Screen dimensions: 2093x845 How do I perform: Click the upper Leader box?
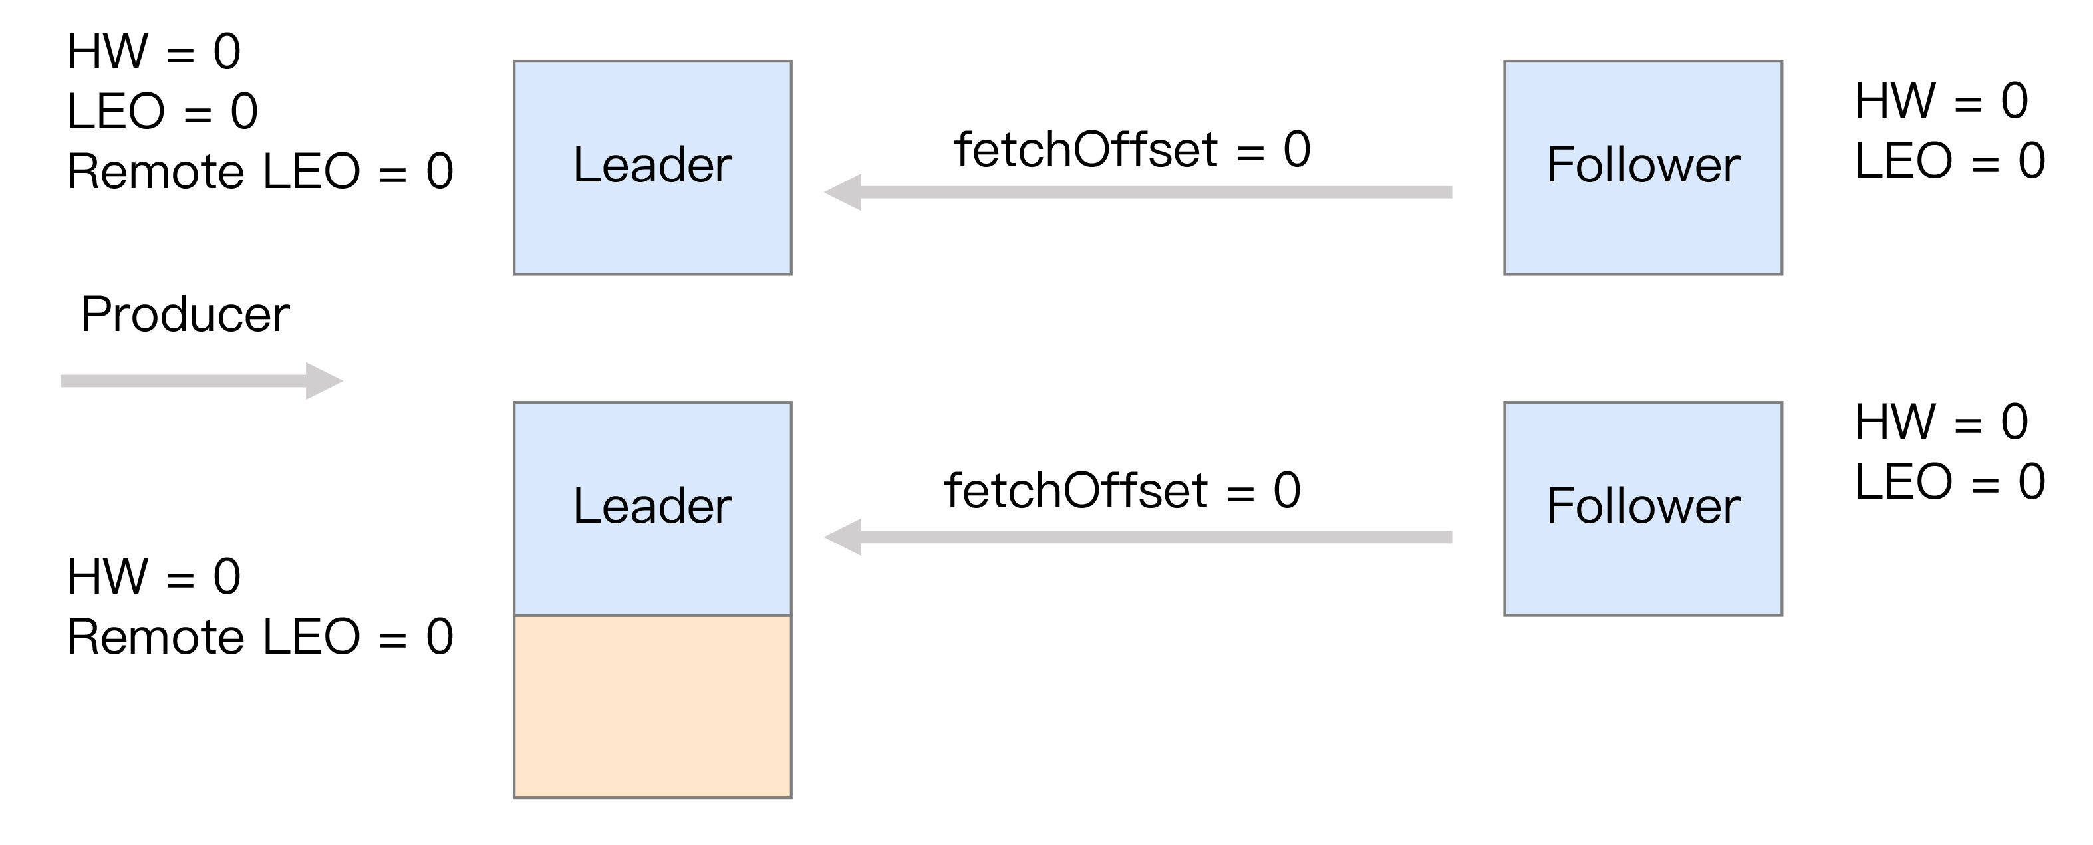652,168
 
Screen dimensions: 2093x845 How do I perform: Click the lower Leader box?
652,509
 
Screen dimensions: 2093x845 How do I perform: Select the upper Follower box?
1643,168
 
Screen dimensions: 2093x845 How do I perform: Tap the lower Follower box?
1643,509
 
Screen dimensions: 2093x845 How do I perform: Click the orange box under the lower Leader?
652,707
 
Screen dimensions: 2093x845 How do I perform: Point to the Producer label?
186,314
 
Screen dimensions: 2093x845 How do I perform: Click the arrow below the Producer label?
202,381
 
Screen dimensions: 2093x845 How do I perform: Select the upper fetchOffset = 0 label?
1133,150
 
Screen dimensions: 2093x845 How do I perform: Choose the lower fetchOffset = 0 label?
1122,491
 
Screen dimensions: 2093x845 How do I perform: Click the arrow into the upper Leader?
1137,193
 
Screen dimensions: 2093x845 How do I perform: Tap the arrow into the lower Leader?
1137,537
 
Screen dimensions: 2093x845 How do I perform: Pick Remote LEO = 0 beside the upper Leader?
260,172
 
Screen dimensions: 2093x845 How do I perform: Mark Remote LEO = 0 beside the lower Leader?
260,637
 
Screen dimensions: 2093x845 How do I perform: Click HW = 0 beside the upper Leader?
154,52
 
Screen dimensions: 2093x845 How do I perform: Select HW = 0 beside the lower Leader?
154,577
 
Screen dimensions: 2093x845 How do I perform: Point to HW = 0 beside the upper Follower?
1942,101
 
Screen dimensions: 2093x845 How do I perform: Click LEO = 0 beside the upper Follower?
1950,161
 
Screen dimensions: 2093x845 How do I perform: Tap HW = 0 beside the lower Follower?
1942,422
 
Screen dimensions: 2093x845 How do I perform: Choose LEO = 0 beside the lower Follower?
1950,482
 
